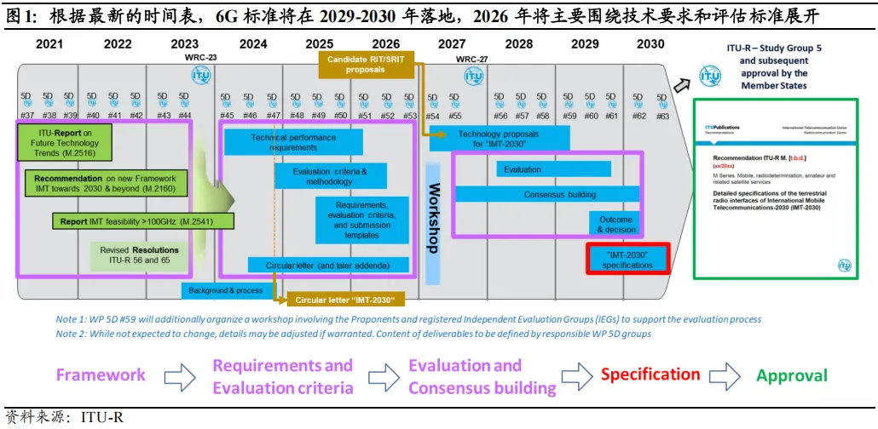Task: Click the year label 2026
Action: [x=385, y=44]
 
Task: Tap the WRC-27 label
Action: [x=471, y=60]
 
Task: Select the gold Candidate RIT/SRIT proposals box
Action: [x=366, y=64]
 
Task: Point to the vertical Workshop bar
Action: [x=433, y=220]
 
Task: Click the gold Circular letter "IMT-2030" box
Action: [x=345, y=300]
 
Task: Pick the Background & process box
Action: [x=226, y=290]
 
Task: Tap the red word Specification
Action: [x=650, y=375]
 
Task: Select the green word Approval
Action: [x=792, y=375]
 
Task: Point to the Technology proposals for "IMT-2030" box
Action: [x=498, y=139]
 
